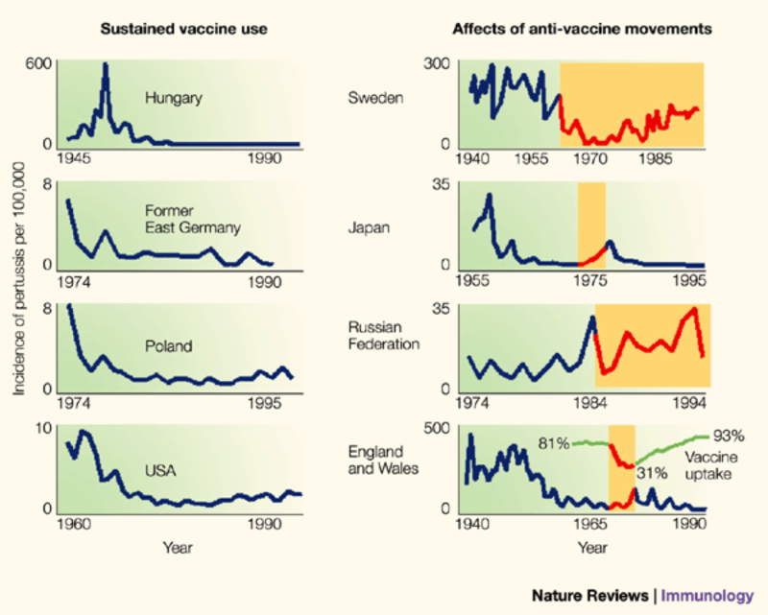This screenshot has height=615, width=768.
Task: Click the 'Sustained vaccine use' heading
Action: (x=184, y=29)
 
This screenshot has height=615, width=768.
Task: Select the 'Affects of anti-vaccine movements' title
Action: (x=582, y=29)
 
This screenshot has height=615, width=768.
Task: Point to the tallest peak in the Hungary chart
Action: (x=105, y=65)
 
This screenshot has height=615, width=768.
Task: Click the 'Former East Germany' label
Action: (x=192, y=220)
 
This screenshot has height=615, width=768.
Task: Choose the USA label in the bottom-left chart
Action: (x=158, y=470)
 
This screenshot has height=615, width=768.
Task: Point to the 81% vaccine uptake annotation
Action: (x=554, y=442)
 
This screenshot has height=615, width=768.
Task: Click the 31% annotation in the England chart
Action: (x=654, y=471)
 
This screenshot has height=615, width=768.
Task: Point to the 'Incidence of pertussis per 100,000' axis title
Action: (x=20, y=288)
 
